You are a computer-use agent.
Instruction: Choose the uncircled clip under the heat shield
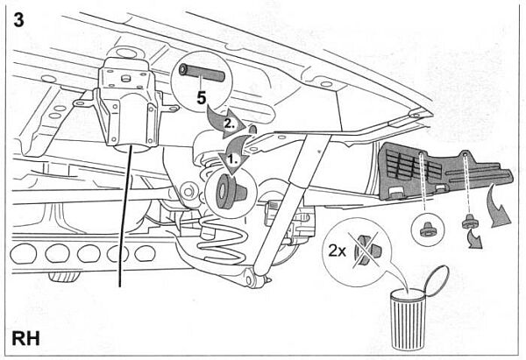click(x=468, y=220)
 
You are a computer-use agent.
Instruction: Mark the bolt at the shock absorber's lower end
click(x=253, y=280)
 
